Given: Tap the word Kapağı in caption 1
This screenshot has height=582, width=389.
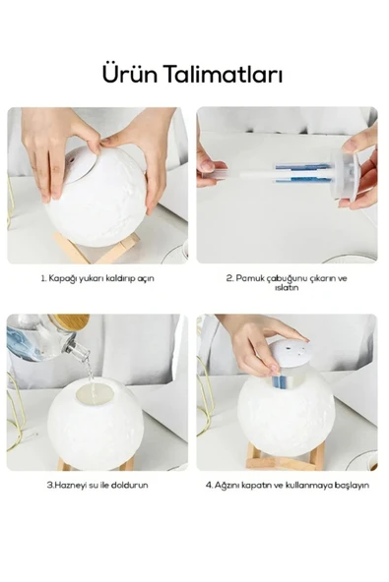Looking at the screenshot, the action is [x=60, y=279].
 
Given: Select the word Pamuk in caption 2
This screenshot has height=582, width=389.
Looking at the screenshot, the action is [x=248, y=278].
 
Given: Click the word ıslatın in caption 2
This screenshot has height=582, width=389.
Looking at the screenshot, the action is [x=287, y=288].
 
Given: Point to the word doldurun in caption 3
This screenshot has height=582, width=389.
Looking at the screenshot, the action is [x=129, y=485].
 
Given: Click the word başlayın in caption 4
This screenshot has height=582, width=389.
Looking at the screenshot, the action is [x=352, y=485].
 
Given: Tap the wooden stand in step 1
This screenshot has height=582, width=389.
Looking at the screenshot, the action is [x=97, y=248].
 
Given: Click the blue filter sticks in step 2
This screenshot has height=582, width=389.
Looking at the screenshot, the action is [x=302, y=174].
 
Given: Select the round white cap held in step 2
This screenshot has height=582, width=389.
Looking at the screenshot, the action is [x=345, y=174].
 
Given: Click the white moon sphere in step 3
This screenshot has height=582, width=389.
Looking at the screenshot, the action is [x=96, y=423].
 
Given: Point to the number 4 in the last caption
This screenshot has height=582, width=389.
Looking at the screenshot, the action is [x=209, y=485].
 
